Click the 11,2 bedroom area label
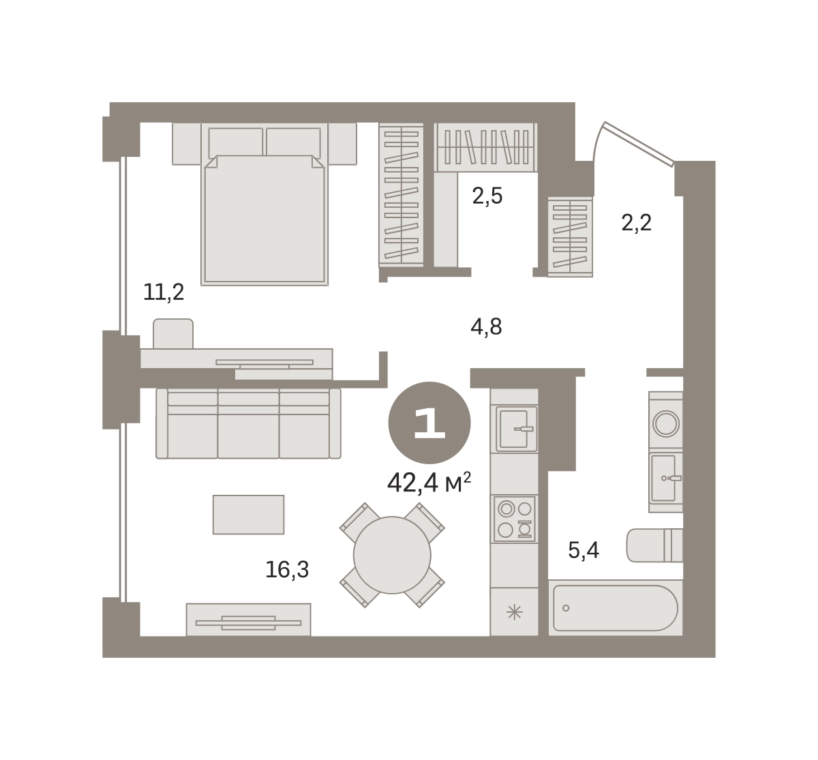[x=164, y=292]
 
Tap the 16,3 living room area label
[x=287, y=570]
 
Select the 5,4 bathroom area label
[x=584, y=550]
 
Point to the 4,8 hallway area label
[x=487, y=327]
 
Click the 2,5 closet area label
[x=487, y=196]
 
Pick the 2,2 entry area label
[x=637, y=224]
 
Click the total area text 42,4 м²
[x=429, y=483]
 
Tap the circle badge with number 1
[x=429, y=423]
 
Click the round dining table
[x=392, y=556]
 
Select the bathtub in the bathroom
[x=616, y=608]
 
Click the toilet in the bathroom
[x=654, y=545]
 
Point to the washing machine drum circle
[x=666, y=424]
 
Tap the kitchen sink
[x=517, y=429]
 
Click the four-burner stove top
[x=515, y=519]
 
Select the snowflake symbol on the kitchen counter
[x=515, y=613]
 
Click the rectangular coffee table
[x=248, y=515]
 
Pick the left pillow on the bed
[x=236, y=143]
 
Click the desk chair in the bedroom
[x=173, y=334]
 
